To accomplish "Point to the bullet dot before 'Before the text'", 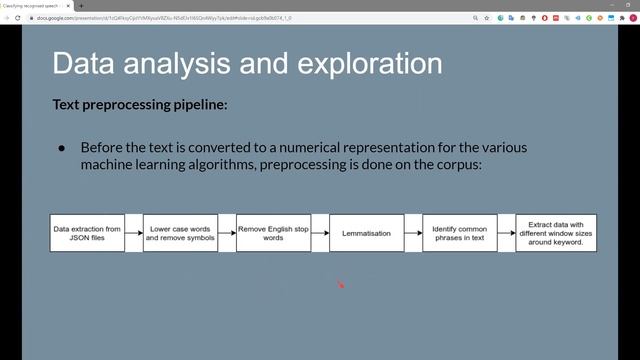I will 61,147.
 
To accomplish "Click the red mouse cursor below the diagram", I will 339,285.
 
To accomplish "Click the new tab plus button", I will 81,5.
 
